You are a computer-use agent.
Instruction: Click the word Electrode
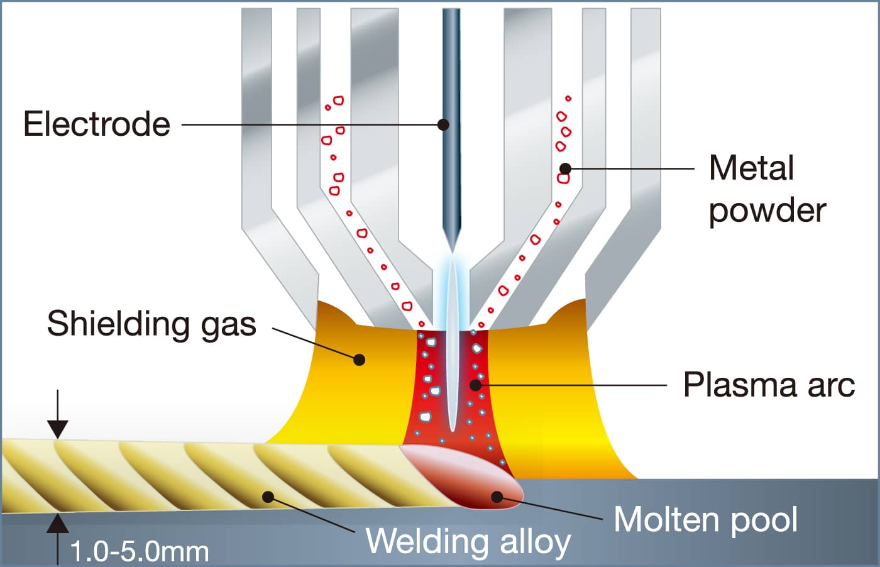coord(97,124)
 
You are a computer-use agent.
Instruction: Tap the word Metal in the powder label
coord(751,168)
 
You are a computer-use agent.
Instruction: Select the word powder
coord(767,210)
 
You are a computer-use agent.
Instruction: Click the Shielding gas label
coord(151,324)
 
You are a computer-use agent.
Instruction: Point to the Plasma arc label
coord(769,384)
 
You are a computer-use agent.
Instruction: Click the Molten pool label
coord(705,519)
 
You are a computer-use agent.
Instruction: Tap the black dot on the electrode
coord(443,124)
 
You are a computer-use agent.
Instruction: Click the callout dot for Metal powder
coord(565,168)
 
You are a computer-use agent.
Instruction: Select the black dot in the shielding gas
coord(359,360)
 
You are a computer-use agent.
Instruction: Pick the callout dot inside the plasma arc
coord(476,384)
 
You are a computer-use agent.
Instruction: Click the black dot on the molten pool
coord(497,497)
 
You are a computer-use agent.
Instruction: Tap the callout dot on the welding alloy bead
coord(268,497)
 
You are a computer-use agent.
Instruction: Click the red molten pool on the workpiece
coord(465,475)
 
